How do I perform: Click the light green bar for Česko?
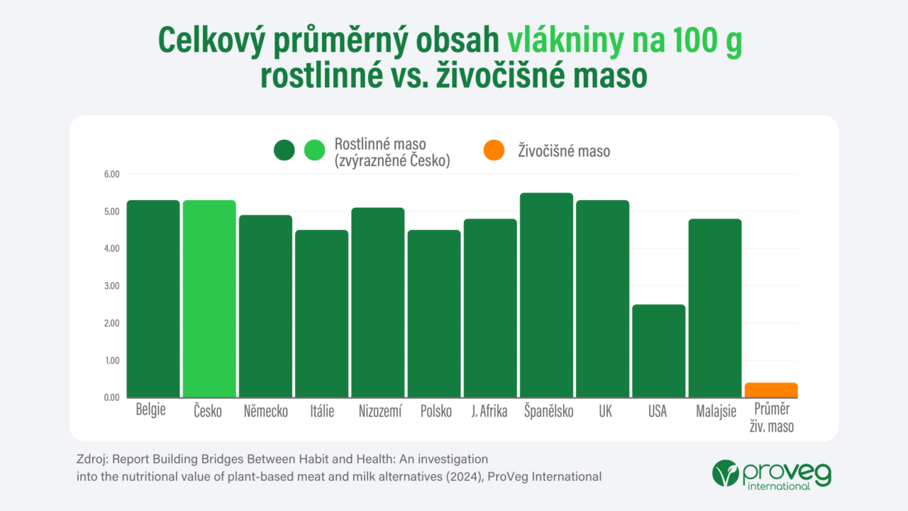[x=209, y=299]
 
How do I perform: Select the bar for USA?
[x=658, y=351]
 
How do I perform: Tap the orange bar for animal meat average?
[x=770, y=390]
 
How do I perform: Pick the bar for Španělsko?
[x=546, y=295]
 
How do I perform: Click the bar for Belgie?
[x=153, y=299]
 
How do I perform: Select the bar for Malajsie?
[x=714, y=308]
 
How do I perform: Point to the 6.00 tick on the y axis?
[x=111, y=175]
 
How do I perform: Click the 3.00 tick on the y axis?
[x=111, y=286]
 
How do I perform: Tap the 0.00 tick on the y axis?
[x=111, y=397]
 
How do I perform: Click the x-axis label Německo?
[x=265, y=412]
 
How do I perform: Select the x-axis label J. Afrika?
[x=489, y=412]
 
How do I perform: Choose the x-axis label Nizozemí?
[x=377, y=412]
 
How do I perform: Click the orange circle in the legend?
[x=493, y=150]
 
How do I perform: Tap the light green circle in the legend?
[x=314, y=150]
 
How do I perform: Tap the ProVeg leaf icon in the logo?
[x=725, y=473]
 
